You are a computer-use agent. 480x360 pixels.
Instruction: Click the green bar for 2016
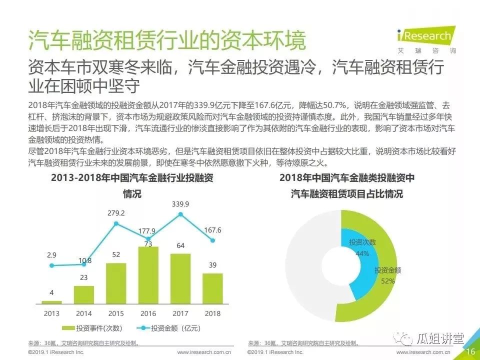tap(148, 275)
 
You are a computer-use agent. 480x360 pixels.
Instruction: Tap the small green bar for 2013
tap(52, 302)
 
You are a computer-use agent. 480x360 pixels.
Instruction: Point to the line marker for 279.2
tap(116, 223)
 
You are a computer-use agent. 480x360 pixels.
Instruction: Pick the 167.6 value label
tap(212, 230)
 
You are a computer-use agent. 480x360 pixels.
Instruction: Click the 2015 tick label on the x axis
tap(116, 313)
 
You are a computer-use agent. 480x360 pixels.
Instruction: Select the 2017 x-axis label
tap(180, 313)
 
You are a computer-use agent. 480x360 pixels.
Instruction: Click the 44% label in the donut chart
tap(362, 253)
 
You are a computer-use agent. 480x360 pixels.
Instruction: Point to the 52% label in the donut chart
tap(387, 281)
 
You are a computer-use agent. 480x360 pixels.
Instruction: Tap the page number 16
tap(470, 352)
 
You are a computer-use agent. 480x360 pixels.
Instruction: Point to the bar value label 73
tap(148, 243)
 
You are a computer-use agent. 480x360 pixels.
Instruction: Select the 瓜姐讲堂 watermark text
tap(440, 338)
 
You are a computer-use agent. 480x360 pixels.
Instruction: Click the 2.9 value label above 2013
tap(52, 255)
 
